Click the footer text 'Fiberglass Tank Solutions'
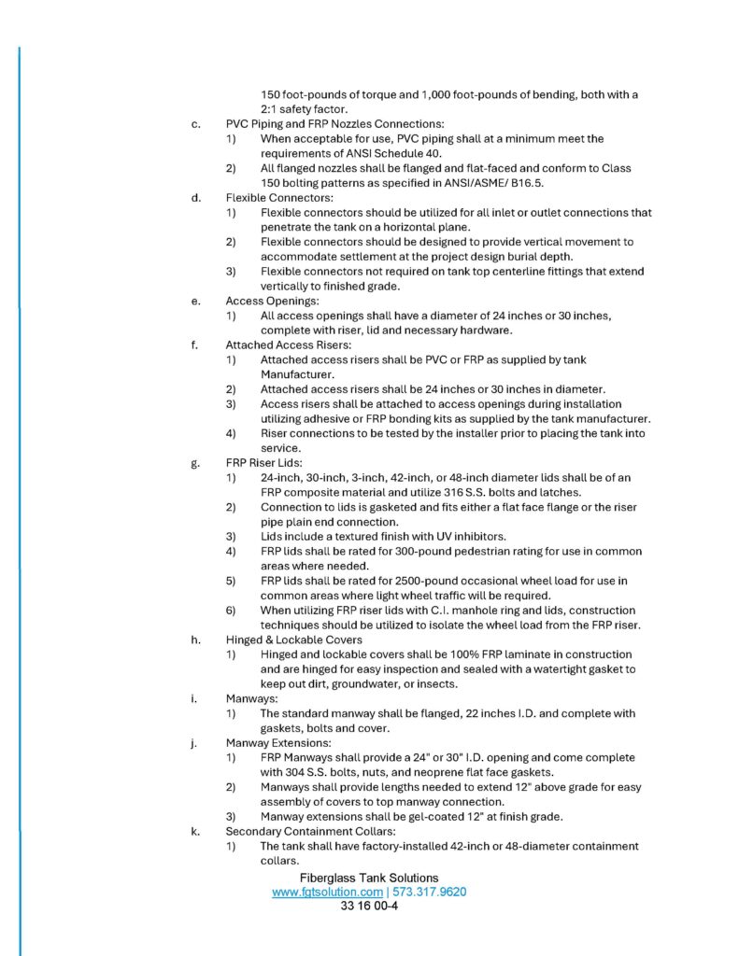(x=369, y=878)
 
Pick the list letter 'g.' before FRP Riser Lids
(x=195, y=463)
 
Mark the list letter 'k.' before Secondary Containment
(x=195, y=831)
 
